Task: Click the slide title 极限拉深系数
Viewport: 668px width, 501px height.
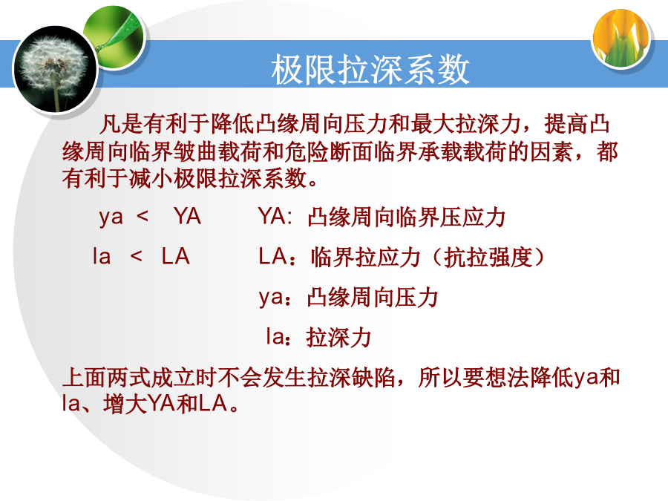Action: (x=370, y=70)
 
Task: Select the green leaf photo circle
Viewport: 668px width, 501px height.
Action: (x=114, y=37)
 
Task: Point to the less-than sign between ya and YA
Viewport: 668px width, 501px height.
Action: (x=143, y=216)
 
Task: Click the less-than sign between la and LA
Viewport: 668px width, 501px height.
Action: (x=137, y=256)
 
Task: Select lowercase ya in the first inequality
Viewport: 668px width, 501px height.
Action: (x=111, y=217)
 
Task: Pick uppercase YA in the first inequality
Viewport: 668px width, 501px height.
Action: (x=188, y=216)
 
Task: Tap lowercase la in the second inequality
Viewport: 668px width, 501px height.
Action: (x=102, y=256)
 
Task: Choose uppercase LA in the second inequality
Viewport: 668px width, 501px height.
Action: (x=175, y=256)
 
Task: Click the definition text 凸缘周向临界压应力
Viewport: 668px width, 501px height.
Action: (x=407, y=217)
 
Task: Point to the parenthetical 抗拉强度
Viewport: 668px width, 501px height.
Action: (x=488, y=258)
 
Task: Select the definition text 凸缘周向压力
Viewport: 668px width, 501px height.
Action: (x=373, y=297)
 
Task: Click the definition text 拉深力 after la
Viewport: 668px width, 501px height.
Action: (x=338, y=338)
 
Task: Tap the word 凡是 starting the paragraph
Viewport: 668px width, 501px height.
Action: (x=121, y=124)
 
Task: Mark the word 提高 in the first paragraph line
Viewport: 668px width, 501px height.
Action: (x=566, y=124)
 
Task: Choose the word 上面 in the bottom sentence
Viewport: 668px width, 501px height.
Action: (x=85, y=378)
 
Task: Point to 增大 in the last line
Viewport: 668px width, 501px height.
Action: (x=125, y=403)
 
